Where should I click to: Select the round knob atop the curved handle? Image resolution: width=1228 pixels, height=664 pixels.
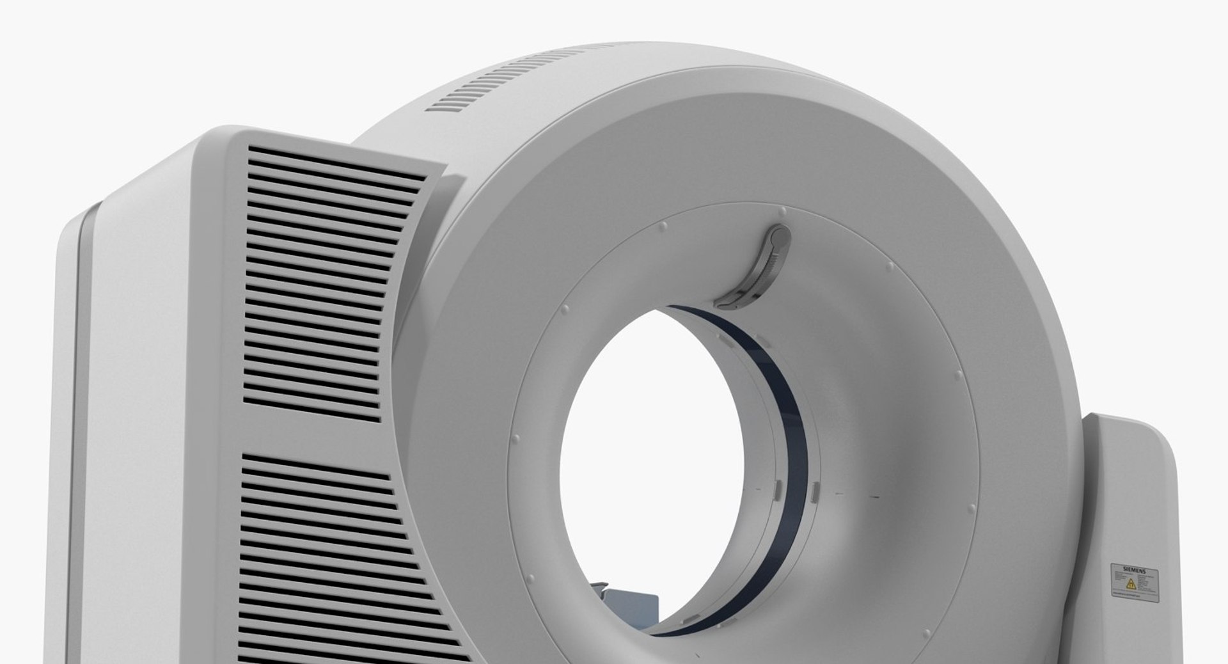click(x=780, y=236)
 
